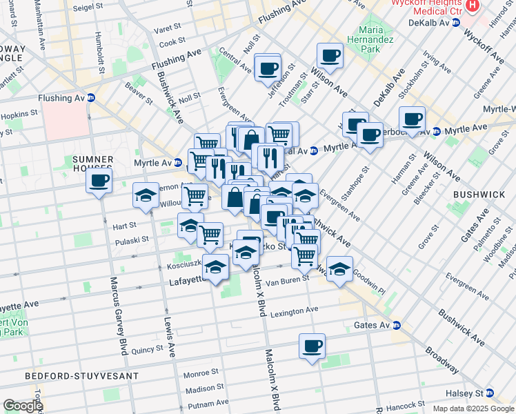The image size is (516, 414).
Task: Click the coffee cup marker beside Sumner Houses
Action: click(x=99, y=181)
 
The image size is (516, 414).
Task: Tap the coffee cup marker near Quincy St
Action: click(x=312, y=345)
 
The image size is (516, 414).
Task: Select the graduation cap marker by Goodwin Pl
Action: click(x=339, y=269)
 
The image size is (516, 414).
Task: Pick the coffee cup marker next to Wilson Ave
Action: click(x=330, y=55)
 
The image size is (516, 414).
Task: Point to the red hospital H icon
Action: click(x=473, y=5)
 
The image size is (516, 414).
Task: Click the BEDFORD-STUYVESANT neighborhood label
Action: click(x=81, y=376)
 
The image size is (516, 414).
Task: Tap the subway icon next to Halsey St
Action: click(x=489, y=393)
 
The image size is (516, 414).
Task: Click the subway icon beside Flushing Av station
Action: click(x=91, y=97)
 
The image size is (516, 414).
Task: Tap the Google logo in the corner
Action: click(x=22, y=406)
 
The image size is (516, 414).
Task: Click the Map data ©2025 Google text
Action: click(x=473, y=408)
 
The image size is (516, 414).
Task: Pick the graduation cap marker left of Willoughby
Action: click(x=146, y=197)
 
